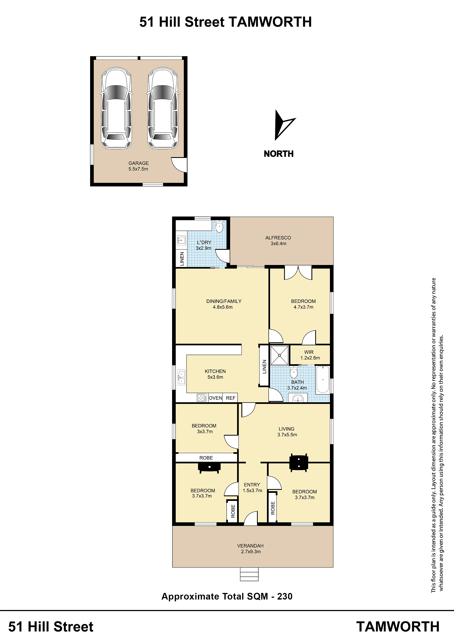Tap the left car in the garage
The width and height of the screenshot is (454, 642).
(x=116, y=108)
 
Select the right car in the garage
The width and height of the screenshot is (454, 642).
(x=163, y=108)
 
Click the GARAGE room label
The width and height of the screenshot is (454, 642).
(x=138, y=163)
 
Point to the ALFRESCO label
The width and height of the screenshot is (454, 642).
(x=278, y=238)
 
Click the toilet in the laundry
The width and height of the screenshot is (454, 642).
(x=220, y=227)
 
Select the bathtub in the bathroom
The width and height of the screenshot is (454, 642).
(x=323, y=379)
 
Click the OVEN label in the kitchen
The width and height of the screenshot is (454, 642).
(x=215, y=398)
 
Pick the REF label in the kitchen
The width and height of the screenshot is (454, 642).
(x=231, y=398)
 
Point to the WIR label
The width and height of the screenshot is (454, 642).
(x=309, y=352)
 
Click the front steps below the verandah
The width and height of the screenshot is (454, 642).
(x=249, y=574)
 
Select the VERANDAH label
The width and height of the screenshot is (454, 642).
(x=250, y=546)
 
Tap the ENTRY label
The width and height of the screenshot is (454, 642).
(x=252, y=485)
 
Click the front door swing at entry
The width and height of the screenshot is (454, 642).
(x=251, y=518)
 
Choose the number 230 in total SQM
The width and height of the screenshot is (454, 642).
(x=285, y=596)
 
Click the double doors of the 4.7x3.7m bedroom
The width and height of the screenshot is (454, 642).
(x=298, y=273)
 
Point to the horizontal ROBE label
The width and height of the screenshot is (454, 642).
(x=206, y=458)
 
